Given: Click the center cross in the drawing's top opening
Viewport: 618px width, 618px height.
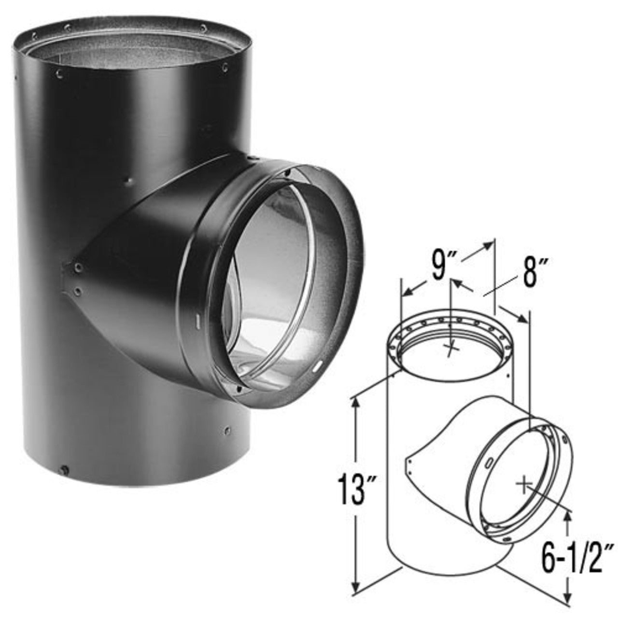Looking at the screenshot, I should (451, 349).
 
